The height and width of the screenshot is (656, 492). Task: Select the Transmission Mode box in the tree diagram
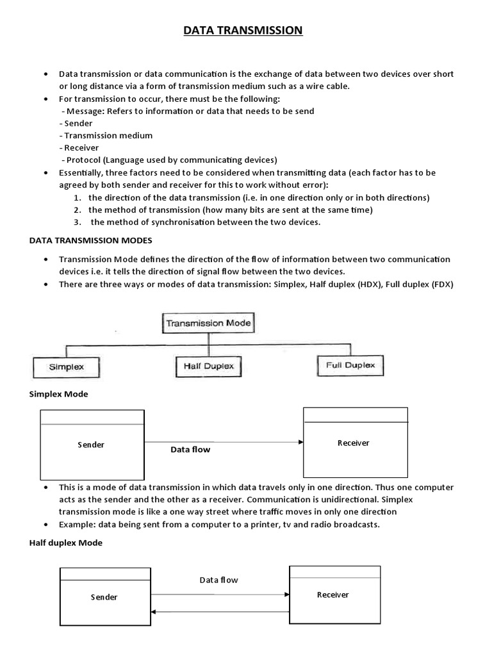[x=208, y=323]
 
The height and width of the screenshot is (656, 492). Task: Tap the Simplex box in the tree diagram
[x=67, y=368]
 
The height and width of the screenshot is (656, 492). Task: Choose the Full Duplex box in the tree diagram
[x=350, y=365]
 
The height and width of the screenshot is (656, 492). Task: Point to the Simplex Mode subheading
[x=58, y=394]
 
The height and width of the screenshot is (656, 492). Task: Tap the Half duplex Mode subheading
[x=65, y=543]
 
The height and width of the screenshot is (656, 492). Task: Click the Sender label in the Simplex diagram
[x=91, y=445]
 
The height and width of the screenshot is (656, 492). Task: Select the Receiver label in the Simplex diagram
[x=353, y=443]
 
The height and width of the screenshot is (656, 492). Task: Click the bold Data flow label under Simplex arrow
[x=190, y=450]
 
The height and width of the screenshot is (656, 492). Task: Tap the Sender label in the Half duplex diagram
[x=104, y=597]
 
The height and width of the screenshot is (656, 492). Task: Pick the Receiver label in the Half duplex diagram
[x=333, y=594]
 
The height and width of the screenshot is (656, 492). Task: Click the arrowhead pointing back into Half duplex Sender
[x=153, y=612]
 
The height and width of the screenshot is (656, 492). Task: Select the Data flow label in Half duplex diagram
[x=218, y=580]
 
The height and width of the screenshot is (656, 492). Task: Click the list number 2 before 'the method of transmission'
[x=76, y=210]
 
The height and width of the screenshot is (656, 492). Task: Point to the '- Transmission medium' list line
[x=106, y=135]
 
